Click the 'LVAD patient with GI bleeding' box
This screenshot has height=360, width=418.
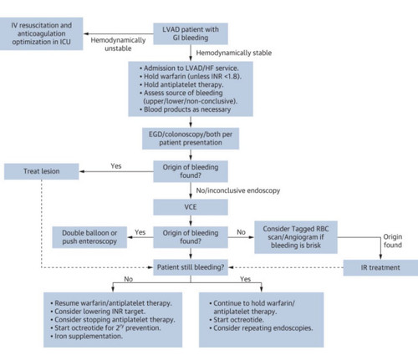191,33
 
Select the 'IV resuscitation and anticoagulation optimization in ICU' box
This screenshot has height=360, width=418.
41,33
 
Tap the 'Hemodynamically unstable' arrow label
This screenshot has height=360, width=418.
118,44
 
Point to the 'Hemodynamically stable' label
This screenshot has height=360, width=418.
234,53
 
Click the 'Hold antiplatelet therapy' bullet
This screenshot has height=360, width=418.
181,84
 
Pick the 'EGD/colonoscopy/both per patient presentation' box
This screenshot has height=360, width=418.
191,139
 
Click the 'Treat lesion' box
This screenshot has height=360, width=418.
42,171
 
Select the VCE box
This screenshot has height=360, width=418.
191,207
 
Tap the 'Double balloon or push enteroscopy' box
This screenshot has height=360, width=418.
89,237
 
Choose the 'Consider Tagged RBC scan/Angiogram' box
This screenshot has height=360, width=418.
296,237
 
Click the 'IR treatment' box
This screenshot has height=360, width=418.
380,267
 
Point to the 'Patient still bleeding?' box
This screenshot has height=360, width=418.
191,267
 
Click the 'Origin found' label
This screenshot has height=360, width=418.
393,241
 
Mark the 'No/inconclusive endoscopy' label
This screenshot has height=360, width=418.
238,190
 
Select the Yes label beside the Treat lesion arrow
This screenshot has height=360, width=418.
116,166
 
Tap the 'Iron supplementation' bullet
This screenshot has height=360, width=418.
87,337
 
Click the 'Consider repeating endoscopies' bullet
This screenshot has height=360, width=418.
261,328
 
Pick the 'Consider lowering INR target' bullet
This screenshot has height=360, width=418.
98,312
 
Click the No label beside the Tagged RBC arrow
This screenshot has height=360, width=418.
241,232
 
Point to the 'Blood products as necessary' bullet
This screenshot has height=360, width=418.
185,109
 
